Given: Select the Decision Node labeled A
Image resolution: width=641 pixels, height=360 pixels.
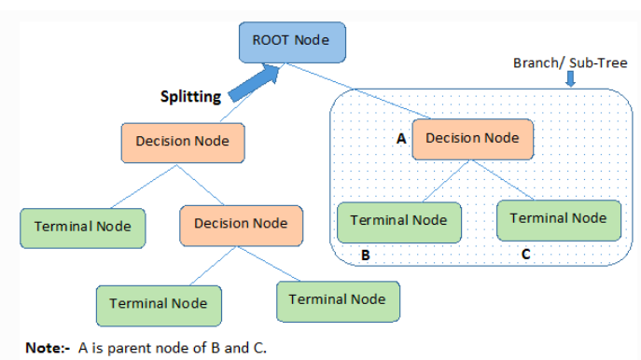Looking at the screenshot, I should coord(471,138).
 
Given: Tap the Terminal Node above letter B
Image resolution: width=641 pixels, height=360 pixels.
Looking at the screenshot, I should coord(398,221).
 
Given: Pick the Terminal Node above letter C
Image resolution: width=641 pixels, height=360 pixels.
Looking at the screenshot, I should coord(558,218).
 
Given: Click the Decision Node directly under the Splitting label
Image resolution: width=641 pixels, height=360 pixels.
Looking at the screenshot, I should coord(183,142).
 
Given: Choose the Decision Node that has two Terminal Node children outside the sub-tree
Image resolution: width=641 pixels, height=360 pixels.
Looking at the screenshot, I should coord(240,224).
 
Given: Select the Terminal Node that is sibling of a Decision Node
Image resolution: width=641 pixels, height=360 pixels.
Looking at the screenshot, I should coord(82,227).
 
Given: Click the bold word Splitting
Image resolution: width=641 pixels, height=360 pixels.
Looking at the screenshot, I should coord(192,96).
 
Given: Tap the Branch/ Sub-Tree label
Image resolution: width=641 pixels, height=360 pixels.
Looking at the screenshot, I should coord(570,62).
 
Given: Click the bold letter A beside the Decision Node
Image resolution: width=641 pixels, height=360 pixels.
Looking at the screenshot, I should coord(401,139).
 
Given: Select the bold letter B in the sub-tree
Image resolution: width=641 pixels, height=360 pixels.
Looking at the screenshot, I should coord(367,255).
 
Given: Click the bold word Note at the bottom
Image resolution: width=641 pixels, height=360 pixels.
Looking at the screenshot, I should coord(42,348).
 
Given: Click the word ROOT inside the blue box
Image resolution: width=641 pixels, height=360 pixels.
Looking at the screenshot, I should coord(269,41).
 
